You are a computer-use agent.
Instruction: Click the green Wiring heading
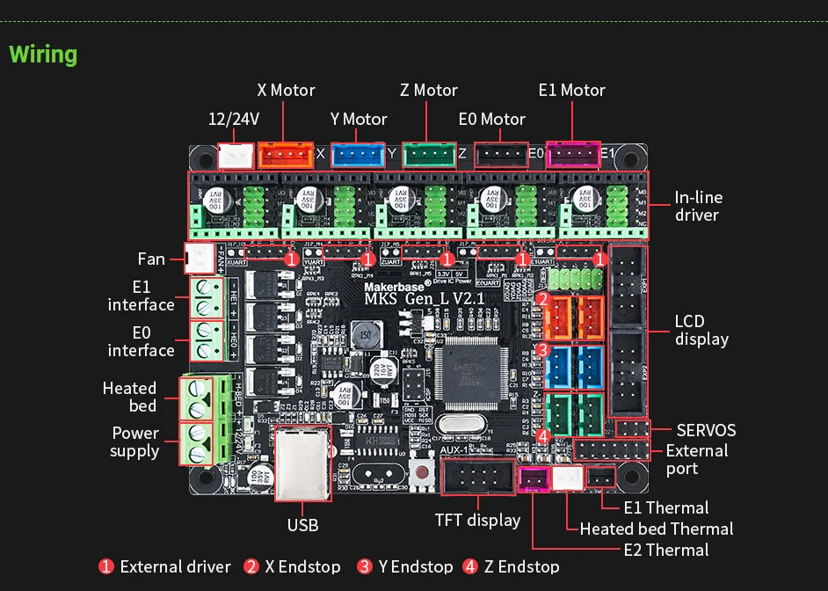(43, 55)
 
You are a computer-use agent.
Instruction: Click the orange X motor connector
(285, 156)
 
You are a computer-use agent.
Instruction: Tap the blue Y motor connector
(358, 156)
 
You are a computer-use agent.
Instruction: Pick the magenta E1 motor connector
(572, 156)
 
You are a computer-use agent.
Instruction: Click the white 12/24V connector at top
(235, 157)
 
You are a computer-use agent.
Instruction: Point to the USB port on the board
(302, 463)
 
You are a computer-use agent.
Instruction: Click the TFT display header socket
(478, 479)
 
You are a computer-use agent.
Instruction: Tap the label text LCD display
(701, 330)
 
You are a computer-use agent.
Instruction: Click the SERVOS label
(706, 430)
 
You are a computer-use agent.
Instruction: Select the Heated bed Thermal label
(656, 529)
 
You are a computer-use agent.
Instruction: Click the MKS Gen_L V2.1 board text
(424, 299)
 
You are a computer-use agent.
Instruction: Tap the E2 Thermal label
(665, 550)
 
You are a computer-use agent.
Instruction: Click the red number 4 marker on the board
(543, 435)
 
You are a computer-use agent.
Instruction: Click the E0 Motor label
(491, 119)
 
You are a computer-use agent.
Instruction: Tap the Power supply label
(134, 441)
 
